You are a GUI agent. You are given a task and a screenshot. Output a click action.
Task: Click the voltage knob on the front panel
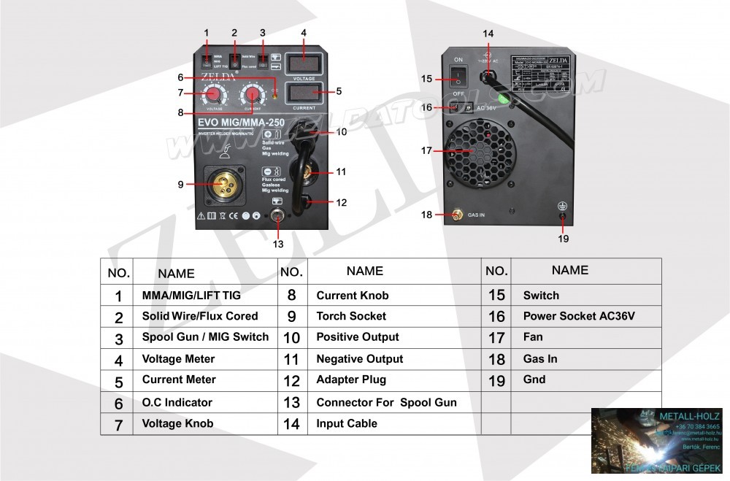(215, 95)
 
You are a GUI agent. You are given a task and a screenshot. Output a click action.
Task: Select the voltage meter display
(303, 63)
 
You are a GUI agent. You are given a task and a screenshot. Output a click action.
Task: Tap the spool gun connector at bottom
(277, 216)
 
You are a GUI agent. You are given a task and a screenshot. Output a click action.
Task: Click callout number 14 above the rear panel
(488, 34)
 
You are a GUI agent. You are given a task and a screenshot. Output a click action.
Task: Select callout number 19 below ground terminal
(564, 238)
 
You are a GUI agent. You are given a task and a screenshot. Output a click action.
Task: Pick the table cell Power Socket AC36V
(579, 316)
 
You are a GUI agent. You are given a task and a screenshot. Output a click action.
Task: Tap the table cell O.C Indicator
(177, 402)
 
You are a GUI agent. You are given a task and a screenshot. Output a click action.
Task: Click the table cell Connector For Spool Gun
(386, 402)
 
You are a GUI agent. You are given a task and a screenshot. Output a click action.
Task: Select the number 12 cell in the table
(291, 380)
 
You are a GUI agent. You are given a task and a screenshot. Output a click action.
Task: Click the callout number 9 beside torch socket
(180, 185)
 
